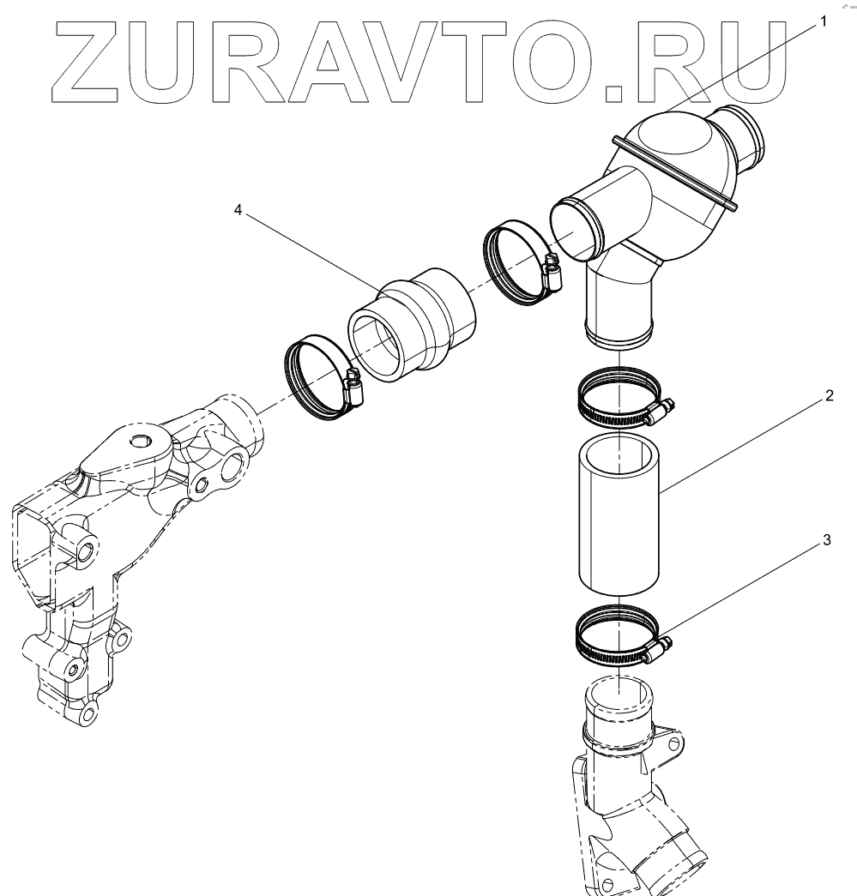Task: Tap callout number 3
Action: point(826,540)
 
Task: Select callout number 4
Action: point(238,210)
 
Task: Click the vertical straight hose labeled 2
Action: point(618,514)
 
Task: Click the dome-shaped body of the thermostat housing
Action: point(678,163)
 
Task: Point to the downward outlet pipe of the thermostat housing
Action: point(618,309)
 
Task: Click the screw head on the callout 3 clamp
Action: point(657,648)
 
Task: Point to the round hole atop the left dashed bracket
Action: point(137,442)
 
